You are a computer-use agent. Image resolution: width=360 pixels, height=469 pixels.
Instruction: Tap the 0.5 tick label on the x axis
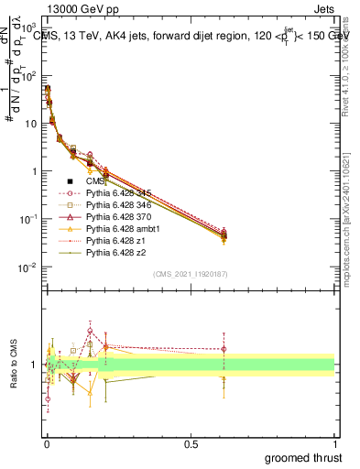coord(191,442)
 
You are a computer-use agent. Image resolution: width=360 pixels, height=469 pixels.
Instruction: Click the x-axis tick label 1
coord(334,442)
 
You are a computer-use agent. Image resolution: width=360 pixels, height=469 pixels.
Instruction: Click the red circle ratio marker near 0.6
coord(224,349)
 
